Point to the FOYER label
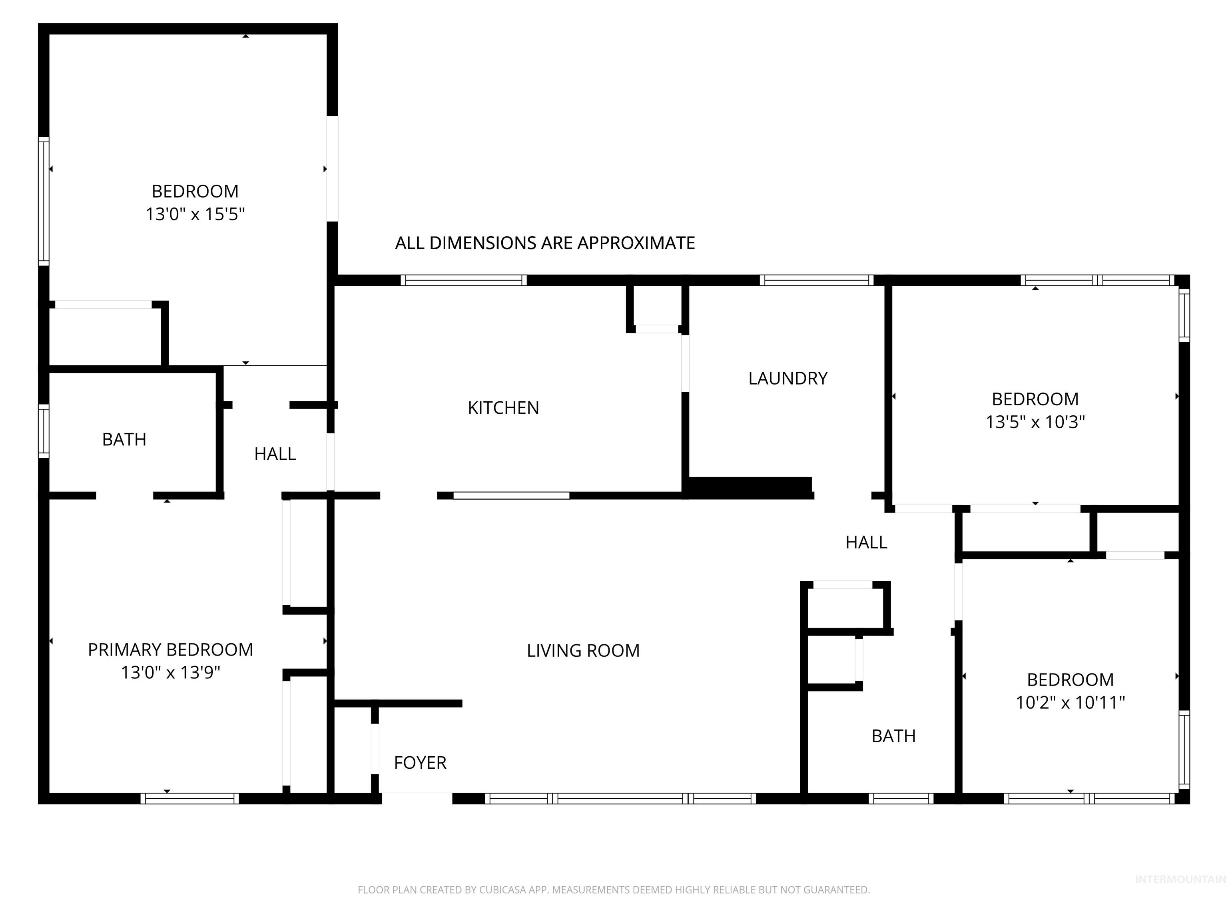tap(420, 763)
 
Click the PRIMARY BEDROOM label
tap(170, 650)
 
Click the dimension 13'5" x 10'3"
tap(1035, 422)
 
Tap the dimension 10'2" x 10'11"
tap(1070, 703)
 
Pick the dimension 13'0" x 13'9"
tap(170, 673)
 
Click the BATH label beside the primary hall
tap(124, 440)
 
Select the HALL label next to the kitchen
tap(275, 454)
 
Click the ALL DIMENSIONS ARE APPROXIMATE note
tap(544, 243)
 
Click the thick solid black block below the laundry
tap(750, 487)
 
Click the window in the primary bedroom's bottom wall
tap(189, 798)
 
